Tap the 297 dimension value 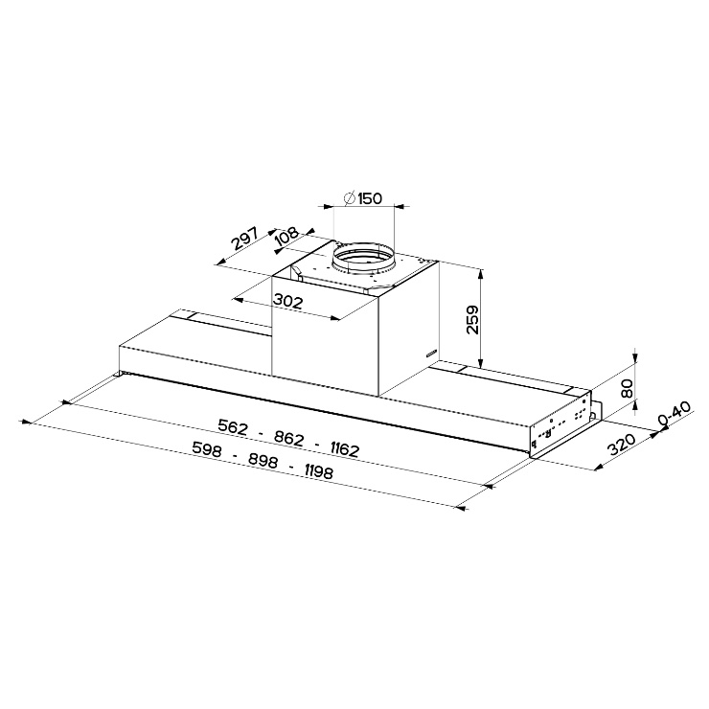[x=244, y=239]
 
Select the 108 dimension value [x=286, y=237]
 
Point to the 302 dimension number [x=287, y=301]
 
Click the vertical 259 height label [x=472, y=320]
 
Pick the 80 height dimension [x=628, y=388]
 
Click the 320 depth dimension [x=621, y=444]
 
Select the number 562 [x=233, y=426]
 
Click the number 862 [x=288, y=438]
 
